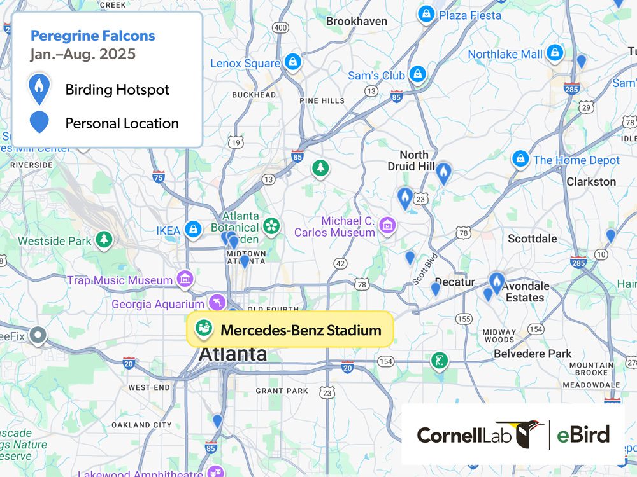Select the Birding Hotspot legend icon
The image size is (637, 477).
coord(39,88)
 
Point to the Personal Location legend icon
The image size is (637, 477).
coord(39,122)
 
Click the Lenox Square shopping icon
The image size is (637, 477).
coord(292,62)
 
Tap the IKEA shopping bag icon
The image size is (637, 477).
coord(193,230)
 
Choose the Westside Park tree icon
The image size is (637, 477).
coord(104,240)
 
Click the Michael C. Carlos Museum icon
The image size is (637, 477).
coord(387,225)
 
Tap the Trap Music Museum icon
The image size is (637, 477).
coord(185,278)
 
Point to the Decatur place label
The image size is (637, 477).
coord(455,282)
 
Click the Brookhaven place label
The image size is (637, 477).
coord(357,21)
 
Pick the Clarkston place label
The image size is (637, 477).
coord(591,181)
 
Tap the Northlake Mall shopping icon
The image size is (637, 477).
coord(555,53)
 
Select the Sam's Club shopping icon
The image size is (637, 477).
coord(417,74)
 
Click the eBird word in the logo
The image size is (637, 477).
coord(582,435)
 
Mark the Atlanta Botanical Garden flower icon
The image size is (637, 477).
coord(272,225)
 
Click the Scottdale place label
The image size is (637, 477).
coord(532,238)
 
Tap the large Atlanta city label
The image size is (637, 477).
coord(233,354)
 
